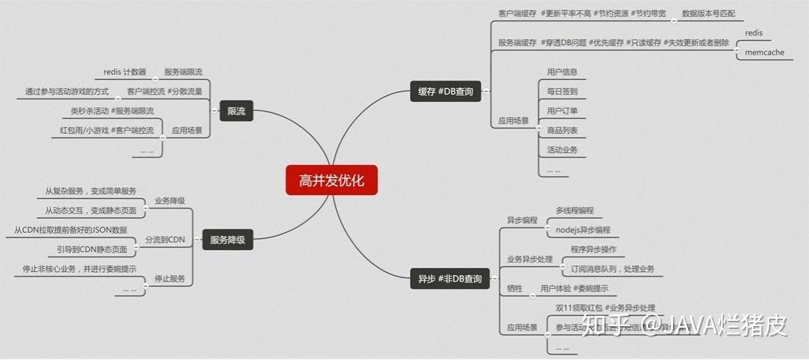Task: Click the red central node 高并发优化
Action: coord(331,180)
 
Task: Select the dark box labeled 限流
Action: coord(236,112)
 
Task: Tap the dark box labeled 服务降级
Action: coord(228,240)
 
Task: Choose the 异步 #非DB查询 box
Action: coord(449,279)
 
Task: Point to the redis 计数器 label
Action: coord(125,72)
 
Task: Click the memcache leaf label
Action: coord(764,52)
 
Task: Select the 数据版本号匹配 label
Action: coord(708,13)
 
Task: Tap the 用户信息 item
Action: coord(562,72)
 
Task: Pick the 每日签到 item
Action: coord(562,92)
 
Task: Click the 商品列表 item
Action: coord(562,130)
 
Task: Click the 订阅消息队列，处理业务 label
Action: coord(612,269)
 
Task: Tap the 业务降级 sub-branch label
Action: coord(169,200)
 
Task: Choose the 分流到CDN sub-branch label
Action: coord(165,240)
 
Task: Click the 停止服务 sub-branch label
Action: coord(169,279)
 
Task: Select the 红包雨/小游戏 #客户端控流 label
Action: coord(107,130)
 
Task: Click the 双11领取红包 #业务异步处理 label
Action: coord(605,308)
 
